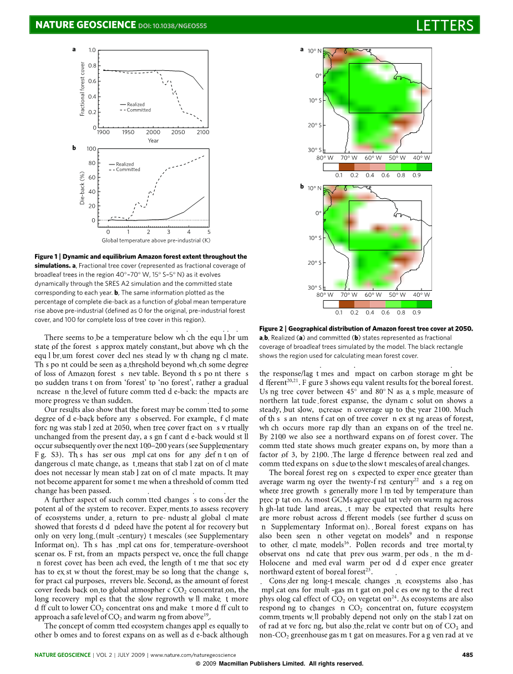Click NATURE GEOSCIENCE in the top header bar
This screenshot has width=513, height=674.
(85, 25)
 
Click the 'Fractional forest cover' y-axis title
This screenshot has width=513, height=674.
(83, 89)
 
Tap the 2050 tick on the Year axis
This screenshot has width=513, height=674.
(178, 132)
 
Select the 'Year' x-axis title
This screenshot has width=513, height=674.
(153, 141)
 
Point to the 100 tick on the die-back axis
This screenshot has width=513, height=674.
(92, 148)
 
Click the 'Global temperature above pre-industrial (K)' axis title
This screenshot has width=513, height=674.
(156, 240)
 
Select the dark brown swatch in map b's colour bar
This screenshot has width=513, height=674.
(346, 304)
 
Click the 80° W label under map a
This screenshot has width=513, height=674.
(324, 158)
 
